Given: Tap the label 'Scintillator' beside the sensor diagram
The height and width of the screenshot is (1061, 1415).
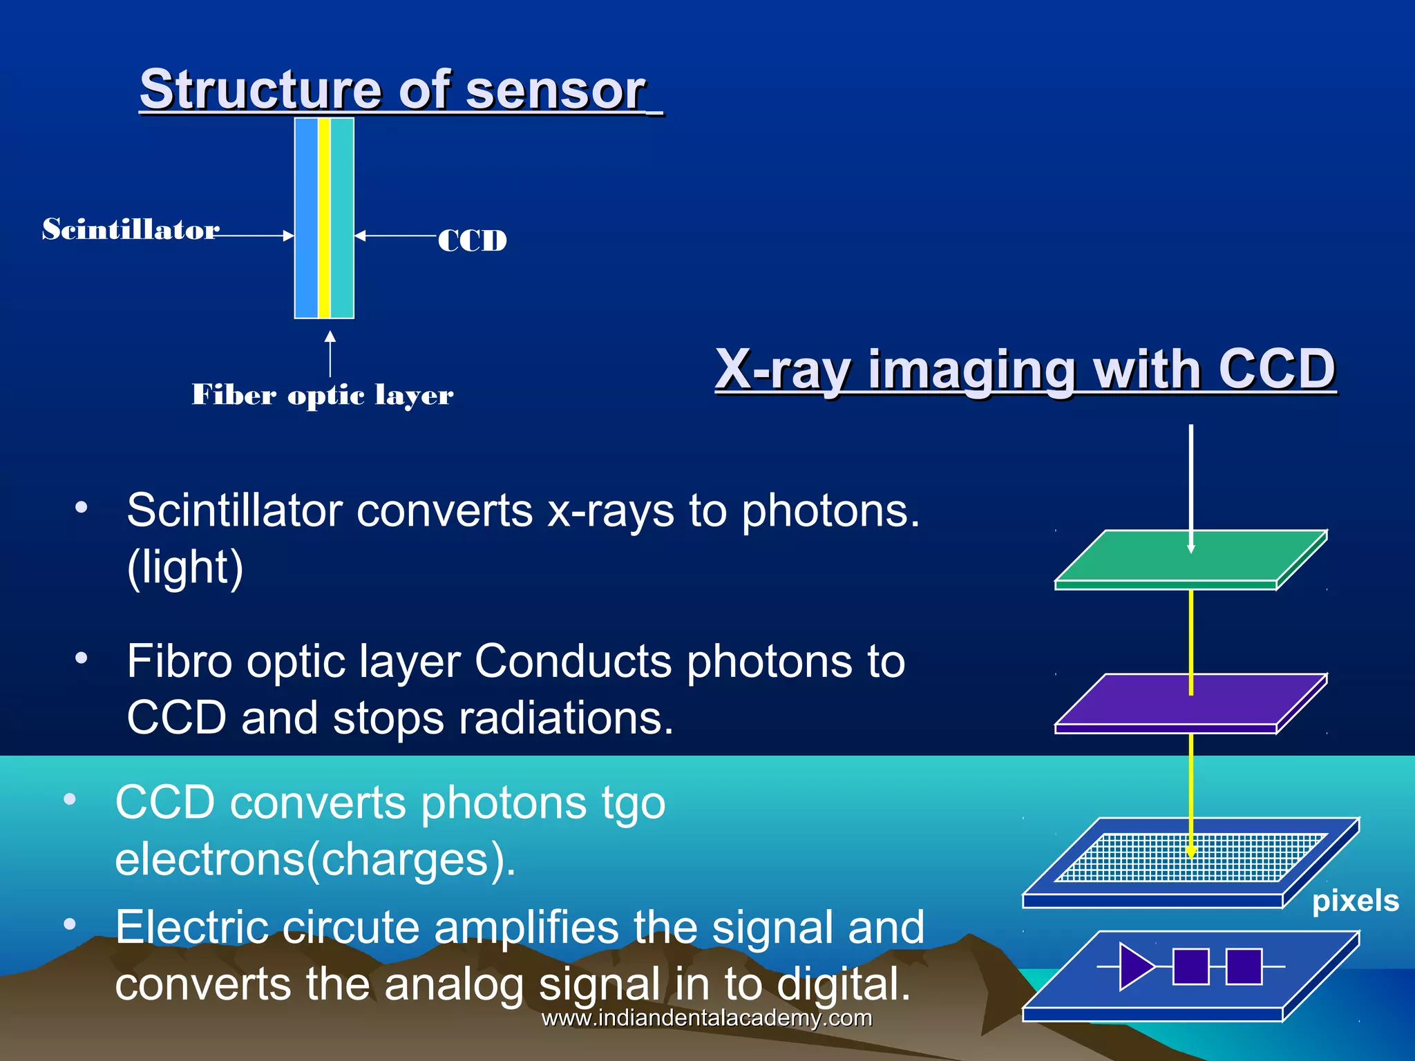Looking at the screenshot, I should pyautogui.click(x=131, y=230).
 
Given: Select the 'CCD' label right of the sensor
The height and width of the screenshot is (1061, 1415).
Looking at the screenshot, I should pyautogui.click(x=473, y=241).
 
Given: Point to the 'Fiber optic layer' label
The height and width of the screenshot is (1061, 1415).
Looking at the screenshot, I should pyautogui.click(x=322, y=395).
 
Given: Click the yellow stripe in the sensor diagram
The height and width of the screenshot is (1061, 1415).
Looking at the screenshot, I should pyautogui.click(x=324, y=218).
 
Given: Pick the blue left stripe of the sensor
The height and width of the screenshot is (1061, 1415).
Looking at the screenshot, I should pyautogui.click(x=306, y=218).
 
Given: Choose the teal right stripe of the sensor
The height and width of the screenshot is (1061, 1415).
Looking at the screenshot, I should pyautogui.click(x=342, y=218).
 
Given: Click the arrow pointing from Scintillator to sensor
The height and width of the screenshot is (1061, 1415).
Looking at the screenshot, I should pyautogui.click(x=256, y=236).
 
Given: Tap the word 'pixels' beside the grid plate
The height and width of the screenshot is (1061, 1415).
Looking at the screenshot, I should pyautogui.click(x=1355, y=901).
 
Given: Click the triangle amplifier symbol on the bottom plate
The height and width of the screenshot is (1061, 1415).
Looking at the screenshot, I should pyautogui.click(x=1134, y=966).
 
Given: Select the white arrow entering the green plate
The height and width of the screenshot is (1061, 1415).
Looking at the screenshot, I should pyautogui.click(x=1191, y=484).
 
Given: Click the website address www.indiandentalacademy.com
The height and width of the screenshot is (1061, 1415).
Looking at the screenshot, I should pyautogui.click(x=706, y=1018).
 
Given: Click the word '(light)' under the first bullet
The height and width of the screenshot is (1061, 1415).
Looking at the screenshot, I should pyautogui.click(x=185, y=568).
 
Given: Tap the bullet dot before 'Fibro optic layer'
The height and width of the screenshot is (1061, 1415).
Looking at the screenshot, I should pyautogui.click(x=82, y=658).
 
